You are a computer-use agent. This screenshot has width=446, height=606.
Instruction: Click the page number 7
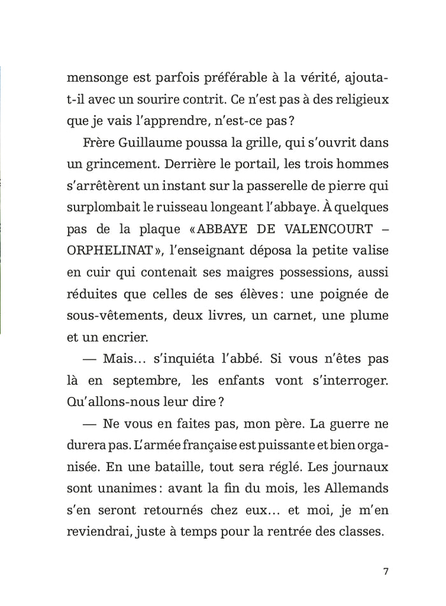[386, 570]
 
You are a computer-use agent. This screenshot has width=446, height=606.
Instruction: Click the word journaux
[360, 467]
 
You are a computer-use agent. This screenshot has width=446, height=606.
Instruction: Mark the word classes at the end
[361, 532]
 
